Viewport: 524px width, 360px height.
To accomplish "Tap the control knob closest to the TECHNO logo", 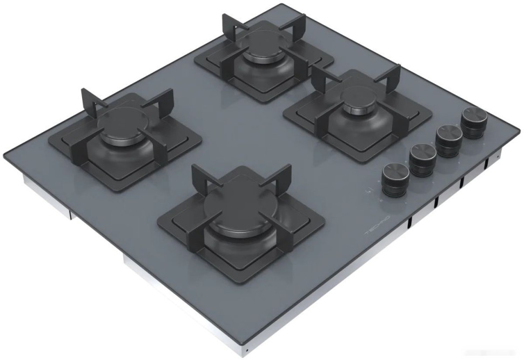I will (395, 179).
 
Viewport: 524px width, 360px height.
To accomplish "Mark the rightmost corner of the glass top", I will (520, 130).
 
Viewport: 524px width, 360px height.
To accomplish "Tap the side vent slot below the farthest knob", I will (486, 164).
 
